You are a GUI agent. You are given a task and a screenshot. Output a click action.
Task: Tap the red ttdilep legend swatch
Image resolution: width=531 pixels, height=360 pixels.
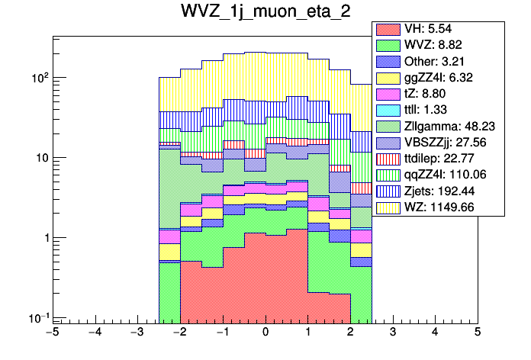[x=389, y=158]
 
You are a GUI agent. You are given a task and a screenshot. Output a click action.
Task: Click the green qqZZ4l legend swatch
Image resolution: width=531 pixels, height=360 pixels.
[x=389, y=174]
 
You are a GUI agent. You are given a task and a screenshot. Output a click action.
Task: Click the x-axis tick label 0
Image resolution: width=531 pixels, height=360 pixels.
[x=265, y=333]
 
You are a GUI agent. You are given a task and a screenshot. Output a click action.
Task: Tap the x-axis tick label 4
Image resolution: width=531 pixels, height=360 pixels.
[x=435, y=333]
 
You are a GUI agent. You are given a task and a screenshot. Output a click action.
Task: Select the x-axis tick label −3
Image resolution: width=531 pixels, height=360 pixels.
[x=137, y=333]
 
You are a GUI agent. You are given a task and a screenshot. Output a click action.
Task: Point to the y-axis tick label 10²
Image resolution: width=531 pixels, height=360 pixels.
[x=37, y=78]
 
